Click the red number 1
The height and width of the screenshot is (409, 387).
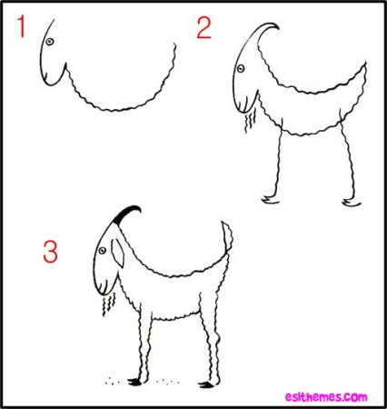click(x=19, y=31)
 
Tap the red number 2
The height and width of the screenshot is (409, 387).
click(x=203, y=29)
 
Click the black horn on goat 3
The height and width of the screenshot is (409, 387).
click(x=128, y=214)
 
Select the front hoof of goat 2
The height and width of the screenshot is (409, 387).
click(x=266, y=196)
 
